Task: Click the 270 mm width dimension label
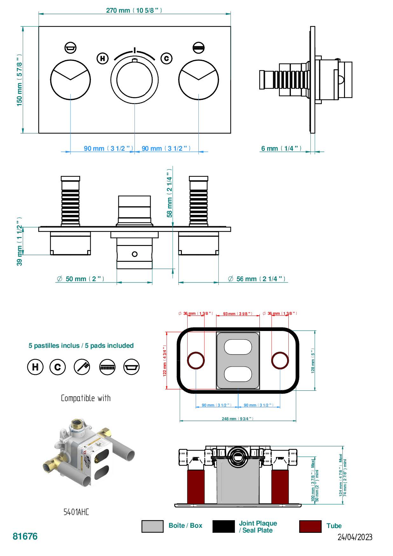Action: [x=134, y=10]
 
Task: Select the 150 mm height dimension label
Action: [x=20, y=80]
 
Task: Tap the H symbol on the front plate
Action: [x=102, y=58]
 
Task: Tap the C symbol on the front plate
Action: [x=166, y=58]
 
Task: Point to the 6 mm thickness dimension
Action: [x=281, y=149]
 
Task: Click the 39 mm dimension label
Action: [x=20, y=242]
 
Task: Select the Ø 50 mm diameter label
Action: [x=80, y=279]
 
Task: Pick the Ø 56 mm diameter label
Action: [x=257, y=279]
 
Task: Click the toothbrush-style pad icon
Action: [x=82, y=367]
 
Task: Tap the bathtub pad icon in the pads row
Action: [x=131, y=367]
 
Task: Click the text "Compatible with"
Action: [x=86, y=398]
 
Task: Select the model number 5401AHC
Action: [x=76, y=512]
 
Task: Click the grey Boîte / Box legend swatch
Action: [x=152, y=526]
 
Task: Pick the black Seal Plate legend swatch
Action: [x=223, y=526]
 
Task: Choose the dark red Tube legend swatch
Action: [x=310, y=526]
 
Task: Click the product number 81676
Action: [x=25, y=536]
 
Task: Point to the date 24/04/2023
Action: [x=355, y=537]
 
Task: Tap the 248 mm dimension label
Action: [x=238, y=419]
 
